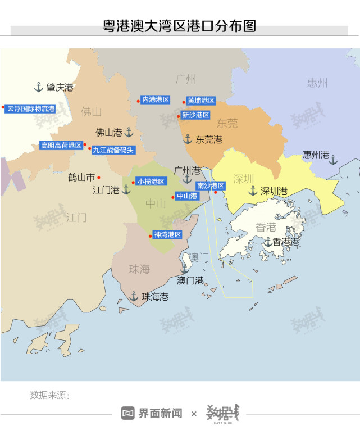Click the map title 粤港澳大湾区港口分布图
pos(179,26)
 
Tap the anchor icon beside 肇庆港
pos(39,87)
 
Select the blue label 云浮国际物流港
pos(31,108)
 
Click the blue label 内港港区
pos(156,99)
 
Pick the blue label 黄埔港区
pos(201,101)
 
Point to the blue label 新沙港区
pos(195,115)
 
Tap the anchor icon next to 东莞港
pos(188,139)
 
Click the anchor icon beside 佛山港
pos(129,132)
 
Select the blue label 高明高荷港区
pos(61,145)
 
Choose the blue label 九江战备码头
pos(113,150)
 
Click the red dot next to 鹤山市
pos(99,177)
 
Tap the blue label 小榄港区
pos(151,182)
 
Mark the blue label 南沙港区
pos(211,185)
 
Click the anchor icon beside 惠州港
pos(333,160)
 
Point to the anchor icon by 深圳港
pos(253,191)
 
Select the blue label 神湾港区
pos(168,234)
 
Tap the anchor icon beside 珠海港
pos(134,296)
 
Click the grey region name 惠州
pos(317,83)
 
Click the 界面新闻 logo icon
pos(129,413)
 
